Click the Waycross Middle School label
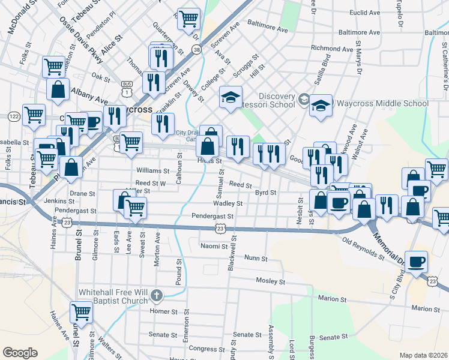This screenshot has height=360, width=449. (x=381, y=103)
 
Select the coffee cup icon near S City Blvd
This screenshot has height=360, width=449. (x=416, y=262)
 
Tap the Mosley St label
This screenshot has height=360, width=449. (x=270, y=281)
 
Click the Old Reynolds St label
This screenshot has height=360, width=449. (x=363, y=248)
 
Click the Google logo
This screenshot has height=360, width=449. (x=20, y=353)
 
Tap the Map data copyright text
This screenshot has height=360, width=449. (x=424, y=355)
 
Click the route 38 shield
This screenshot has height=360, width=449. (x=197, y=52)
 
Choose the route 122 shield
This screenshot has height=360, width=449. (x=13, y=115)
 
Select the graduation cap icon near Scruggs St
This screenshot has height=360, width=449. (x=230, y=98)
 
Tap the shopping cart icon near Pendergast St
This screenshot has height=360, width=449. (x=135, y=208)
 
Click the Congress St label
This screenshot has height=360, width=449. (x=206, y=349)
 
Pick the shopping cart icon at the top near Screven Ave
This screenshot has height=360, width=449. (x=188, y=19)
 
